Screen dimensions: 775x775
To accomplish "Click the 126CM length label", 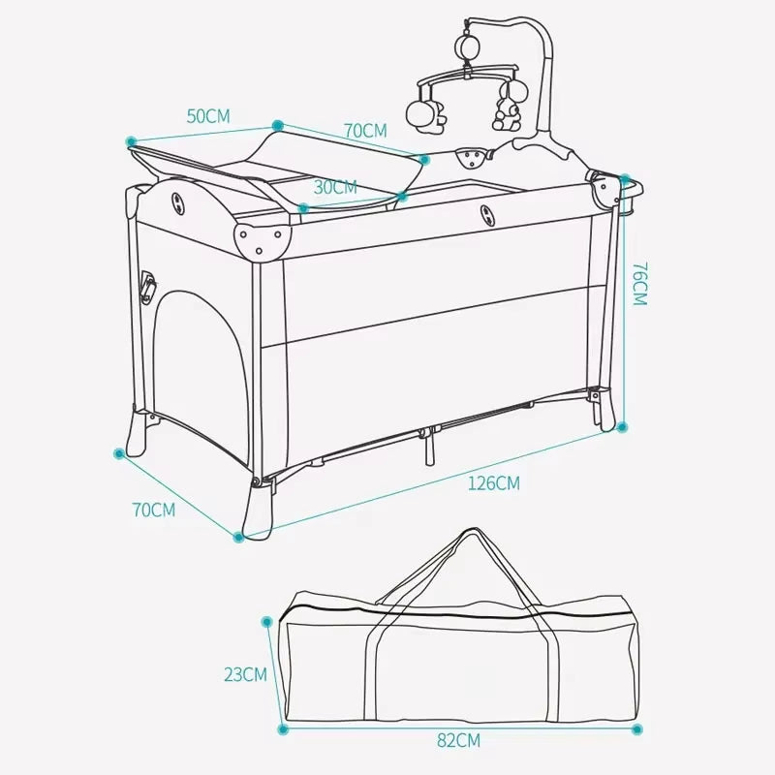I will point(493,482).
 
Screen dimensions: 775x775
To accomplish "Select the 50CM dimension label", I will point(208,115).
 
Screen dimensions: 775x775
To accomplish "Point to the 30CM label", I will point(335,187).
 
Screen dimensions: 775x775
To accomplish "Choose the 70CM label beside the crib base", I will point(154,509).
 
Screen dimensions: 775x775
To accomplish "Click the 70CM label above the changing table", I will point(364,130).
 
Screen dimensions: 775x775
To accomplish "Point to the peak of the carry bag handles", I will point(470,533).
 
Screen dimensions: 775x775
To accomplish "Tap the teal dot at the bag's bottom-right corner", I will point(637,728).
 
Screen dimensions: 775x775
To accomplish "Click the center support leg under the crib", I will point(427,449).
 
